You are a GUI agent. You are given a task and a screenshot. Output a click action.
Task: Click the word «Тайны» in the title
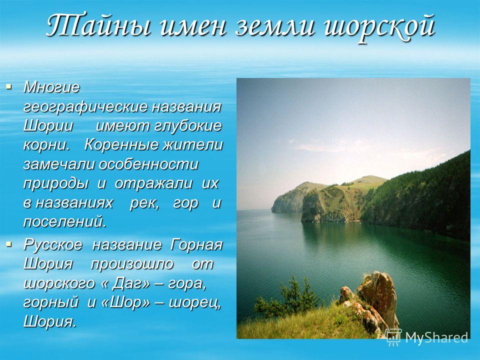tap(98, 25)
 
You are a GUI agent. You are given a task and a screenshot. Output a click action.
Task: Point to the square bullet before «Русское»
tap(8, 244)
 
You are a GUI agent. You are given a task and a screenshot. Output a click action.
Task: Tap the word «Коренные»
tap(121, 145)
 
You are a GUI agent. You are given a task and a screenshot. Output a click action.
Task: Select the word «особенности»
tap(149, 164)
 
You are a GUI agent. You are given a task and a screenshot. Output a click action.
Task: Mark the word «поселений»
tap(65, 221)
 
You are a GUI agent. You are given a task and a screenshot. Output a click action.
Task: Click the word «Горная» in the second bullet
tap(195, 245)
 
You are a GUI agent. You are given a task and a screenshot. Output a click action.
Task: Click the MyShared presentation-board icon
tap(393, 337)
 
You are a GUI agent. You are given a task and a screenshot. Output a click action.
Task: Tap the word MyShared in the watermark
tap(436, 337)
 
